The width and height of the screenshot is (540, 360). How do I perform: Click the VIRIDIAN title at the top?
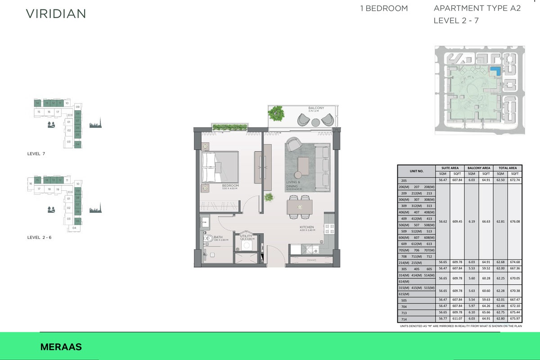(56, 13)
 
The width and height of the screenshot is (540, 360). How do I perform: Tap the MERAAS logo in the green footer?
(61, 347)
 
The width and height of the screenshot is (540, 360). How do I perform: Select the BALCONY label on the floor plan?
(316, 108)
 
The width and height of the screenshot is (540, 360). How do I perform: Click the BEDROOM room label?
(230, 186)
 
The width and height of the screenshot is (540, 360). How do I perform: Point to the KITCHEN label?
(306, 228)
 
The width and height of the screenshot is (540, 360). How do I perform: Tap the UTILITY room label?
(246, 236)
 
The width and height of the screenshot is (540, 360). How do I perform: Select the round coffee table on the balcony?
(315, 122)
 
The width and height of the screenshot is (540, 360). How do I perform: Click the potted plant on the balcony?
(276, 113)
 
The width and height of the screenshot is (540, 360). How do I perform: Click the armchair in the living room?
(295, 144)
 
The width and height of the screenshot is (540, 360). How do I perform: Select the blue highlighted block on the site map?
(495, 71)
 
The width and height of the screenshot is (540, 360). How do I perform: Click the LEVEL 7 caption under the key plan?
(36, 154)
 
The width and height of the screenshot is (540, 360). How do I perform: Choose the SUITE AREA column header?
(450, 168)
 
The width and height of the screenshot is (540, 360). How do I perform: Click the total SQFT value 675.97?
(515, 319)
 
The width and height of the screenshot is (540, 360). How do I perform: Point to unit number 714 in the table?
(404, 319)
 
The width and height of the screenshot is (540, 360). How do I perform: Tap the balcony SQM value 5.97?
(471, 306)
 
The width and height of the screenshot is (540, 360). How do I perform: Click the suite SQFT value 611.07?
(457, 319)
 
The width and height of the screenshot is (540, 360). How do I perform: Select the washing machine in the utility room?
(247, 246)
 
